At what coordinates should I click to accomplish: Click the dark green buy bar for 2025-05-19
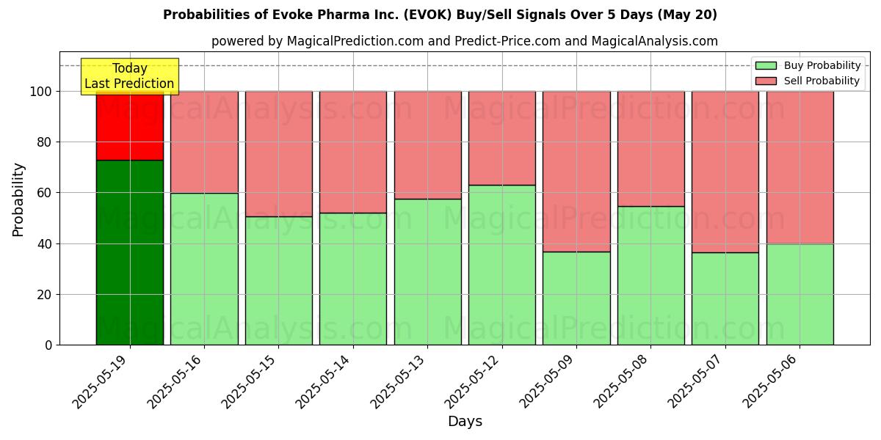130,252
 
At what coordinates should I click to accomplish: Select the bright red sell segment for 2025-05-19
130,125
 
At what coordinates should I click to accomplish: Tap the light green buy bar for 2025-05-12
502,265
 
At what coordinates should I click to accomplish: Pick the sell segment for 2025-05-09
576,172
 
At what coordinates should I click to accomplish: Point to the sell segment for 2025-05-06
800,167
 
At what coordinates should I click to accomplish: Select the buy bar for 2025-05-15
279,281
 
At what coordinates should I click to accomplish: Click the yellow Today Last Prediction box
129,76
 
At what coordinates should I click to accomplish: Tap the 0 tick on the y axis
48,345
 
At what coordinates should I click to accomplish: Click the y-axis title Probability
18,199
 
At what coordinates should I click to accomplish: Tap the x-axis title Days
465,422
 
